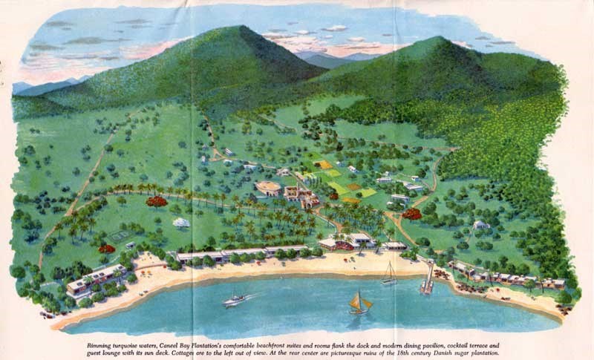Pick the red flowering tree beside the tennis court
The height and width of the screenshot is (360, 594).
pos(106,248)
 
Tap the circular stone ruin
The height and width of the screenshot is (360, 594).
pos(268,188)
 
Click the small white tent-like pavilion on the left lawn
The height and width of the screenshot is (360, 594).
pos(180,222)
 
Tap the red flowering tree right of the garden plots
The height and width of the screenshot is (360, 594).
pos(412,214)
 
